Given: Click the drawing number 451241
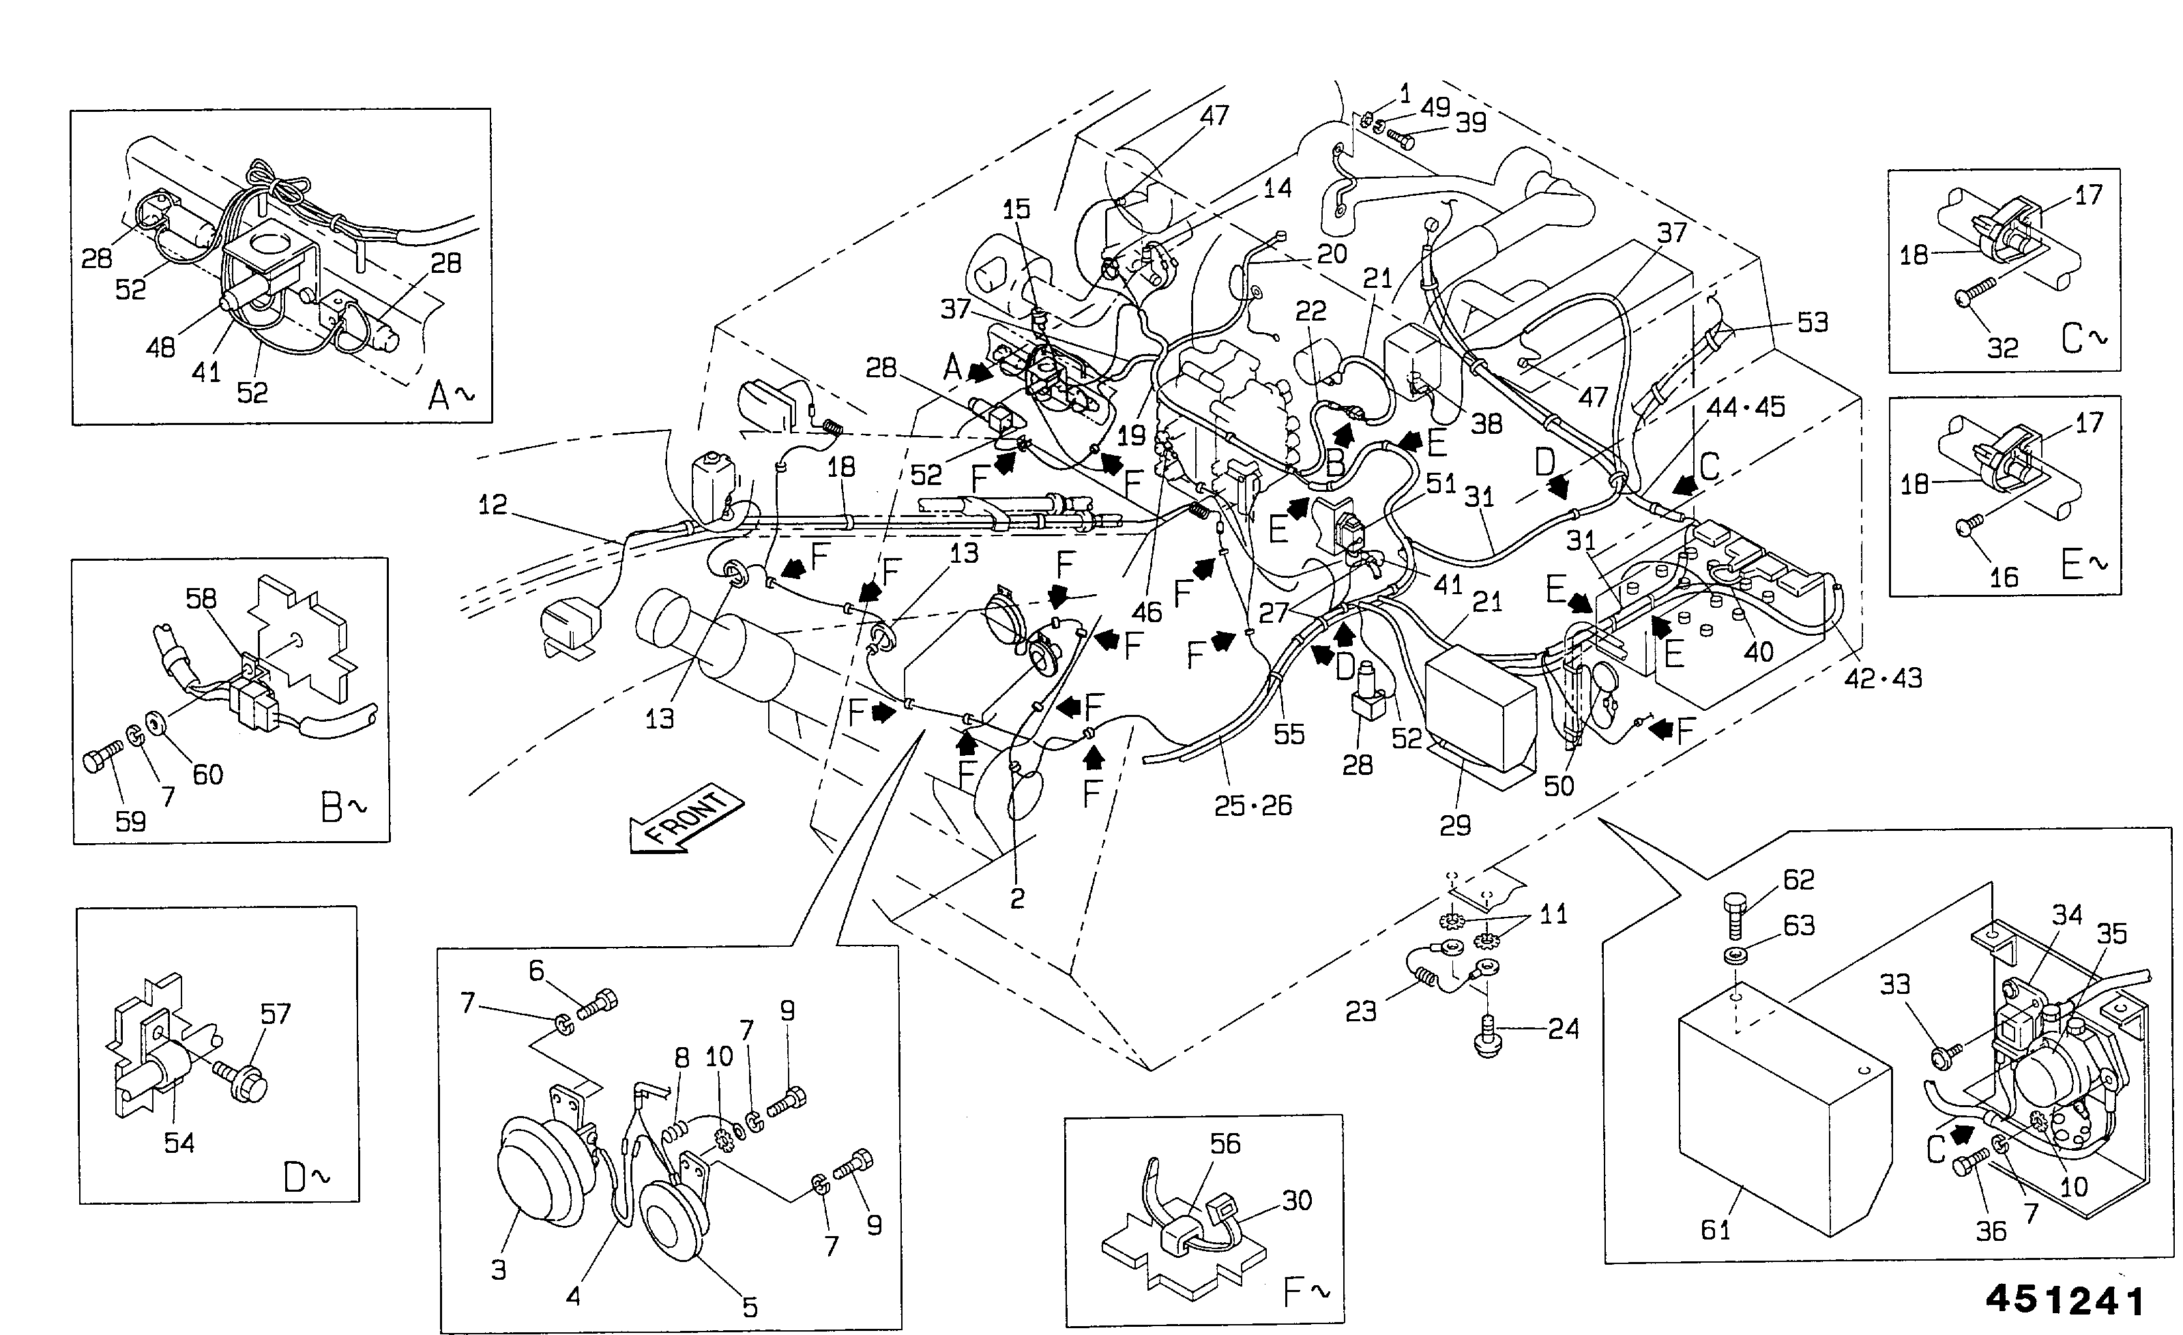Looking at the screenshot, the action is [2065, 1300].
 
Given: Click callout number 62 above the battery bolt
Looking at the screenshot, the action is [1798, 880].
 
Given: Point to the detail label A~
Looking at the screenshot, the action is [451, 395].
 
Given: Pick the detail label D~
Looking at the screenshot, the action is [306, 1177].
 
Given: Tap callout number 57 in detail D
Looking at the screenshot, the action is [275, 1014].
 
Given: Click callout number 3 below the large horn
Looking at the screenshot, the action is [499, 1270].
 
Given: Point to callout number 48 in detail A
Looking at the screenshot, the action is [160, 348].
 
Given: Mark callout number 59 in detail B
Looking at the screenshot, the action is [130, 821].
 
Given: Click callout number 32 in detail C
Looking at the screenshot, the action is [2002, 347].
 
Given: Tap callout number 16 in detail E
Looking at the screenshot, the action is [2003, 578].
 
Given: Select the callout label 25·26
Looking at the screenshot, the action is [1252, 805].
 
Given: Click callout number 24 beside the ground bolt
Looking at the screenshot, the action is [1564, 1029].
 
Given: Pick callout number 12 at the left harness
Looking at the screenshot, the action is [493, 505].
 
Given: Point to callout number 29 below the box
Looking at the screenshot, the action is [1454, 825].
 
